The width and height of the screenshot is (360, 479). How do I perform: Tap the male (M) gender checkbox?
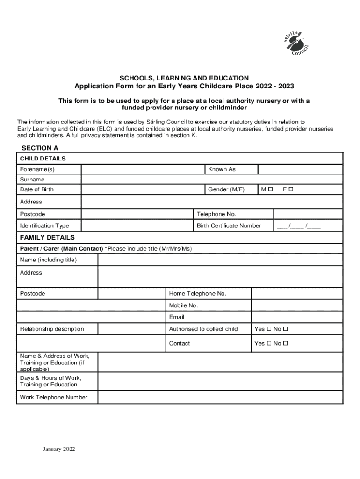click(x=270, y=189)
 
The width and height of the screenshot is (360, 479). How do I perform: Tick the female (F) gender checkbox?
click(x=291, y=189)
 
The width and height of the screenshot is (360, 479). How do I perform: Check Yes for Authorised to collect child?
click(x=268, y=329)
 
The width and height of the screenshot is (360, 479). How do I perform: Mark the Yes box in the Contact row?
click(x=268, y=343)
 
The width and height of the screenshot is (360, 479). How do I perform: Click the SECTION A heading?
click(x=40, y=148)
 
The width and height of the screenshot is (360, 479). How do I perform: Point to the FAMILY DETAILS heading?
click(x=47, y=237)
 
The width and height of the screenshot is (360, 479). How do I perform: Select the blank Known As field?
click(x=300, y=169)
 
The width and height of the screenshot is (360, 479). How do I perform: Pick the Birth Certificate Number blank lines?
click(x=299, y=225)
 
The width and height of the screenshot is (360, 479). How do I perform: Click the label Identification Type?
click(x=44, y=225)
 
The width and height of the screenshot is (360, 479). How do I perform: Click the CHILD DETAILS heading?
click(x=43, y=159)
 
